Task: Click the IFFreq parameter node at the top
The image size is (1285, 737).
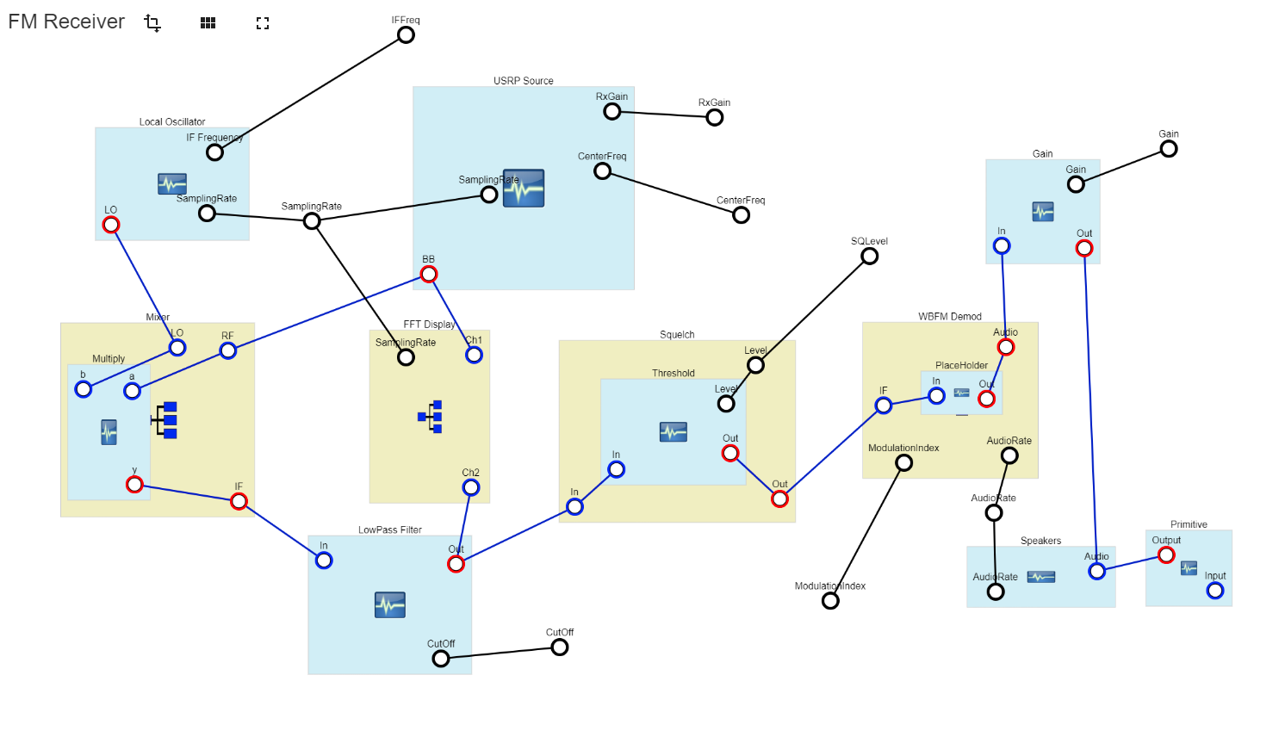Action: [406, 35]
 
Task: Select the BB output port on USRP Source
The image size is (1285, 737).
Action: [428, 275]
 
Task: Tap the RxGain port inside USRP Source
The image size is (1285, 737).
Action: [611, 112]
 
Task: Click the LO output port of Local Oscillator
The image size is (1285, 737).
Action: [111, 226]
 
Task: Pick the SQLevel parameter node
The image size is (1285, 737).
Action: [870, 257]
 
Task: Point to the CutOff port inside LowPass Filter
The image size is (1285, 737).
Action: [441, 659]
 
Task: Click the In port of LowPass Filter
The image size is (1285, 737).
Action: [324, 560]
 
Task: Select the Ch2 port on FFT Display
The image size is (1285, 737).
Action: [471, 488]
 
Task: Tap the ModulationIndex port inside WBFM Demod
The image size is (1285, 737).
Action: [903, 463]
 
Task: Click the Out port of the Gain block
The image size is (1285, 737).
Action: [1084, 249]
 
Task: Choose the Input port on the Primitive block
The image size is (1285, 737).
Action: [1215, 591]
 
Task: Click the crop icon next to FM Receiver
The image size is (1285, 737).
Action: [152, 23]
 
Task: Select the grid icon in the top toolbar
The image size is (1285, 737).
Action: [208, 23]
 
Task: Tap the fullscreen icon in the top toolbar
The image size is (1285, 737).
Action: [263, 23]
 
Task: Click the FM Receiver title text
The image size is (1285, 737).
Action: [66, 22]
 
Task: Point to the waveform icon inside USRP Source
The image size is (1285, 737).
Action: [524, 189]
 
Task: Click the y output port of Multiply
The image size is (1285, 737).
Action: [134, 485]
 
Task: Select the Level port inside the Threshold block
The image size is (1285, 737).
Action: [726, 404]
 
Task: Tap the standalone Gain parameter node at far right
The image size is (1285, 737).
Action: [1169, 149]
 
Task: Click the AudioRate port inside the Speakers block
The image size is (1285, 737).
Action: [996, 591]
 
